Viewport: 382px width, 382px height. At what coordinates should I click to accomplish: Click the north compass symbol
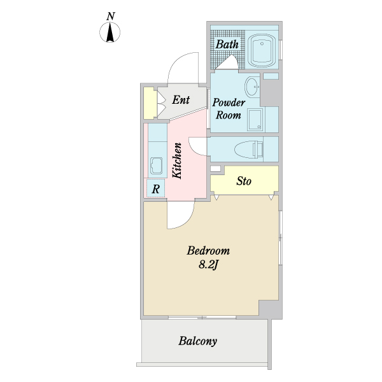pyautogui.click(x=110, y=32)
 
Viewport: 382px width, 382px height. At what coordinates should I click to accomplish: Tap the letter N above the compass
pyautogui.click(x=111, y=16)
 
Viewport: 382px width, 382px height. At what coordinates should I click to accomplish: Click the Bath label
pyautogui.click(x=227, y=45)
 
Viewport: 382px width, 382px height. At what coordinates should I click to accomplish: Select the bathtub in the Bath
pyautogui.click(x=262, y=50)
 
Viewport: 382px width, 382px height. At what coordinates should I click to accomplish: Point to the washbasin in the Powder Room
pyautogui.click(x=252, y=87)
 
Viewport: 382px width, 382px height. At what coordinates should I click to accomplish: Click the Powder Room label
pyautogui.click(x=229, y=109)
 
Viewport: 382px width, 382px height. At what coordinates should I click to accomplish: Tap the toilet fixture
pyautogui.click(x=249, y=150)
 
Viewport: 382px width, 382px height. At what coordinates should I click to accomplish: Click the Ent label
pyautogui.click(x=181, y=100)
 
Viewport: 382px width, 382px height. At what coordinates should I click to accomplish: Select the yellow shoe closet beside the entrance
pyautogui.click(x=149, y=103)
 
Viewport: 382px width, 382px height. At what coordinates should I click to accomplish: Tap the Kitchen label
pyautogui.click(x=177, y=161)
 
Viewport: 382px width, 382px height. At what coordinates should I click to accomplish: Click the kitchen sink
pyautogui.click(x=157, y=166)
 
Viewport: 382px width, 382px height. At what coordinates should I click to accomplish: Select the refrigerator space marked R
pyautogui.click(x=156, y=188)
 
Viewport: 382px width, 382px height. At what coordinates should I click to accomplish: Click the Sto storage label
pyautogui.click(x=244, y=181)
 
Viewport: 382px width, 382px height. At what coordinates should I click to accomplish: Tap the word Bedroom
pyautogui.click(x=208, y=251)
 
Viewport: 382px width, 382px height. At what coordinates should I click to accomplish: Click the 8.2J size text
pyautogui.click(x=208, y=265)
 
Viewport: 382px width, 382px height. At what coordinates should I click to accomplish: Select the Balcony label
pyautogui.click(x=197, y=341)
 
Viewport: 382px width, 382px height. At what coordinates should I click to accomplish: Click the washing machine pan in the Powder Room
pyautogui.click(x=255, y=120)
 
